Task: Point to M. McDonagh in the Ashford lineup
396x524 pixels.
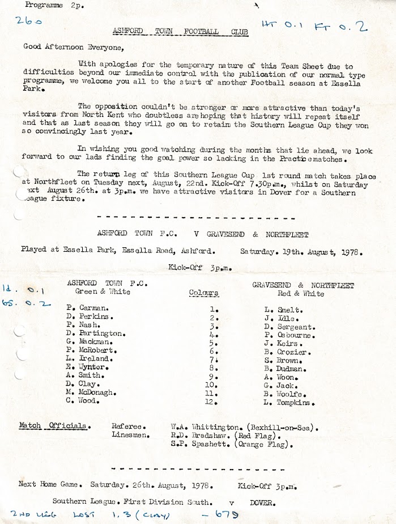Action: point(92,392)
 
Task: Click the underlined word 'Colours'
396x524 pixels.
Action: point(203,293)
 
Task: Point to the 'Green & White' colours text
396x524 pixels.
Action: point(103,291)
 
